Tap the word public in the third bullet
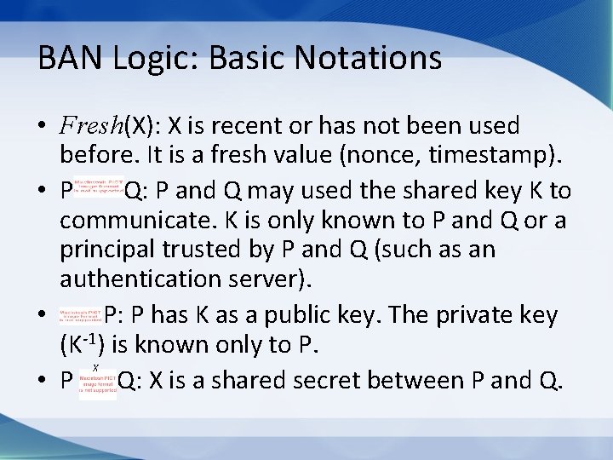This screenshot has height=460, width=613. coord(317,315)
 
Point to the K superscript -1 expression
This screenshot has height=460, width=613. coord(77,345)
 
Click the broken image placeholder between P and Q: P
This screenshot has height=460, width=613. coord(98,188)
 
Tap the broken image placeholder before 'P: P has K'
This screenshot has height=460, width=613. coord(80,315)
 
